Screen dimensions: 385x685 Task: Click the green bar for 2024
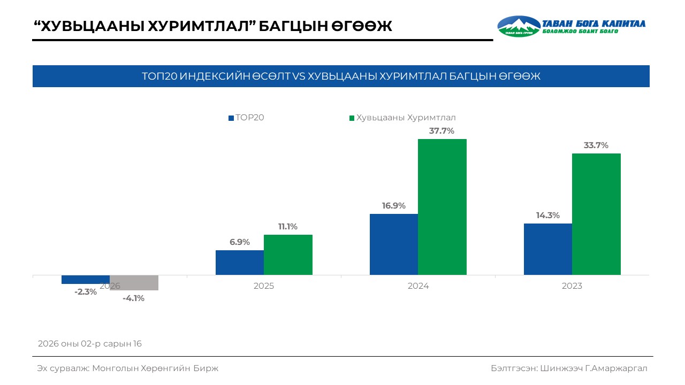(x=442, y=207)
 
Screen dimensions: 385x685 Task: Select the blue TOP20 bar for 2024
(x=394, y=244)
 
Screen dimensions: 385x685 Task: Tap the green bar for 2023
(x=596, y=214)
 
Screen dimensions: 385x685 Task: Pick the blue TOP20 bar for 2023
(x=548, y=249)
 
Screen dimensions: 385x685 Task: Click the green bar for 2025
(x=288, y=255)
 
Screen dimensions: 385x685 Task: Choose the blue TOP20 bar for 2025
(x=240, y=263)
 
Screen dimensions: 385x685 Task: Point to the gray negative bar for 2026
(x=134, y=283)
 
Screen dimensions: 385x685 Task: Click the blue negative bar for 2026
(x=86, y=280)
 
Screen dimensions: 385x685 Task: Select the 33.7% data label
(x=596, y=145)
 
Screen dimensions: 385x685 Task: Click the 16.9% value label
(x=393, y=206)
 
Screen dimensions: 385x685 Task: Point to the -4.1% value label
(x=133, y=298)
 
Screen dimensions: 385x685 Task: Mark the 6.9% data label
(x=240, y=242)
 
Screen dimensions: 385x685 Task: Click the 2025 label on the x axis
(x=264, y=286)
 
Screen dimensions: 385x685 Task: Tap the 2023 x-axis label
(x=572, y=286)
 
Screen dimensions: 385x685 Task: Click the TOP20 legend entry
(x=247, y=118)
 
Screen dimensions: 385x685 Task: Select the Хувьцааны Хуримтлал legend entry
(x=402, y=118)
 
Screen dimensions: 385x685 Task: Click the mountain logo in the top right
(x=519, y=26)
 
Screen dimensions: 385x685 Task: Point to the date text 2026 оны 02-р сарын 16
(x=90, y=343)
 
